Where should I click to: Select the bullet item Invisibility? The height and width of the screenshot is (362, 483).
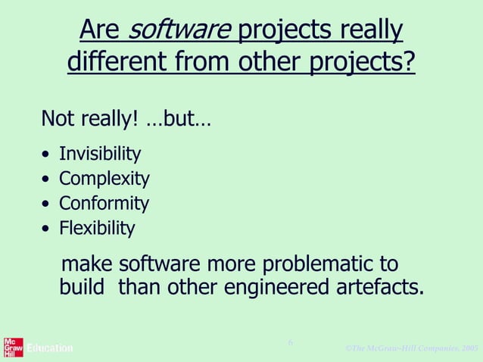[100, 154]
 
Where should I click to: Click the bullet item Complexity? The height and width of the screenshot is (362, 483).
[104, 179]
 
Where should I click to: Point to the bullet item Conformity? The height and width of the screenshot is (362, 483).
[104, 203]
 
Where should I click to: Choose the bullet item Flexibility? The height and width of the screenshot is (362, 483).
[97, 227]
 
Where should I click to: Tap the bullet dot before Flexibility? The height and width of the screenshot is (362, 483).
[47, 229]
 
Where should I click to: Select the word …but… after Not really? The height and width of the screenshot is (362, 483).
[177, 120]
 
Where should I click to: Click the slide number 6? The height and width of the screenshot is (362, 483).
[290, 343]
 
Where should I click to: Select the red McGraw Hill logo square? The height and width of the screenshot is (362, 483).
[13, 347]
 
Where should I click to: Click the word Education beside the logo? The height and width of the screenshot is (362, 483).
[50, 348]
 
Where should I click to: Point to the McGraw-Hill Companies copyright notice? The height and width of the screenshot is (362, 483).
[411, 348]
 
